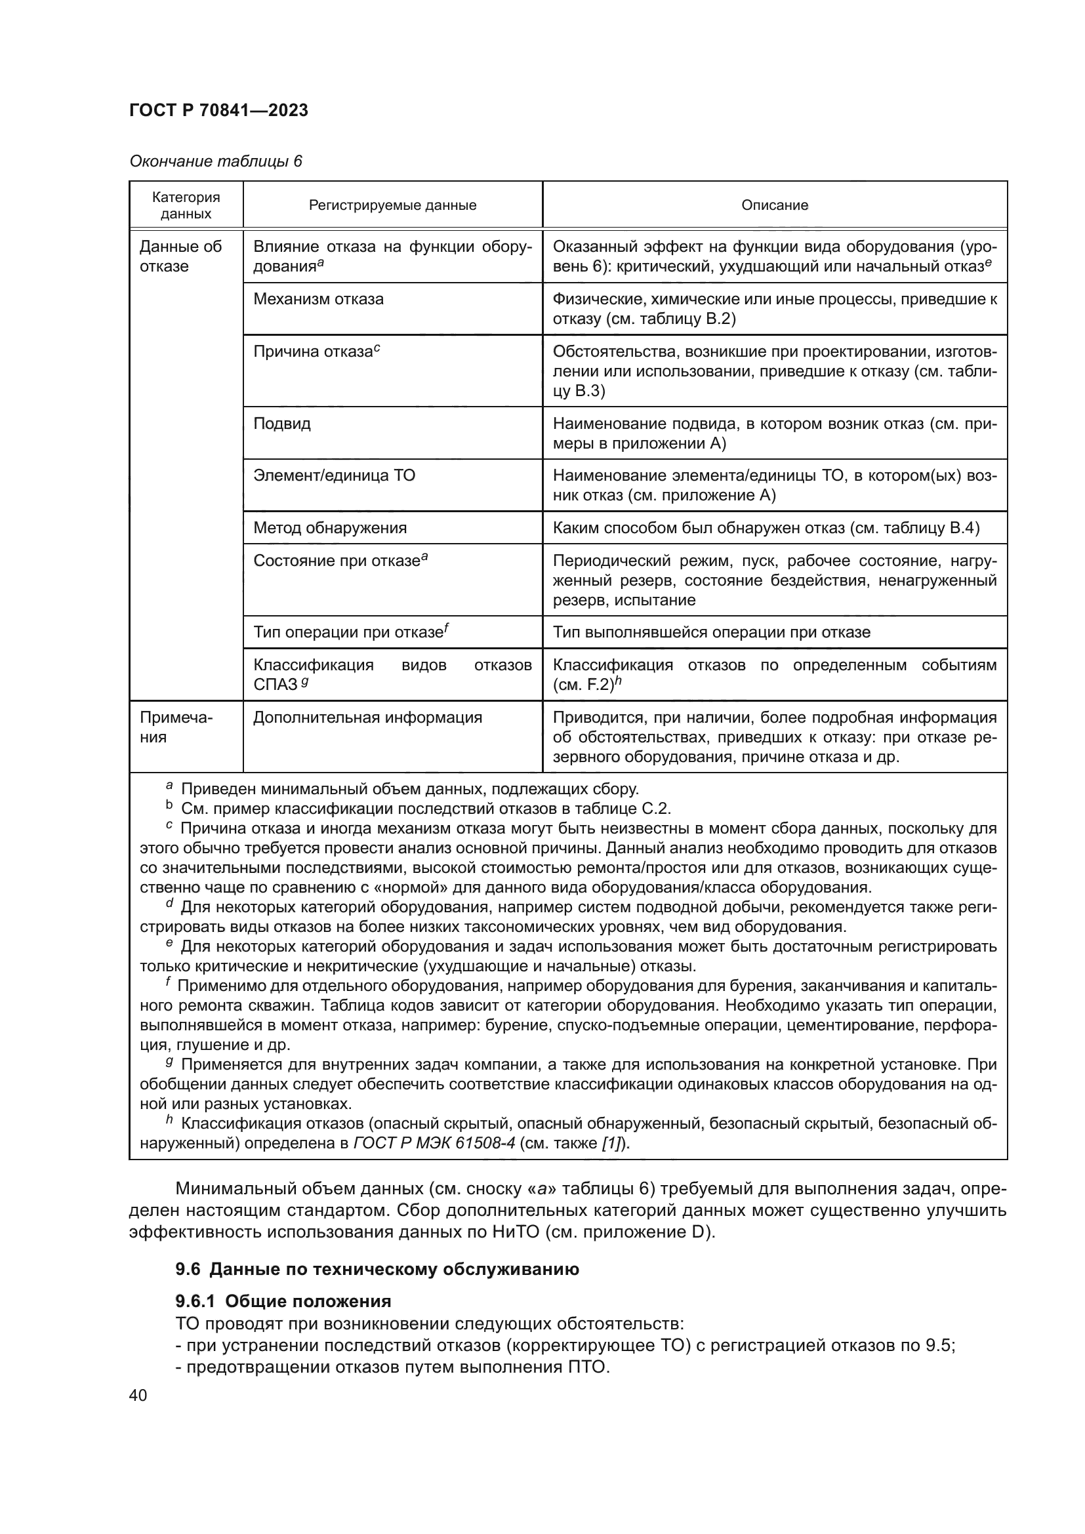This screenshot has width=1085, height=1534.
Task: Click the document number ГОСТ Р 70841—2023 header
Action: coord(218,110)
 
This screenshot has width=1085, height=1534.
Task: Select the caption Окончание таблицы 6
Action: coord(216,161)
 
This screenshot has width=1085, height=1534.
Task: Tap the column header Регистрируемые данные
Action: coord(392,205)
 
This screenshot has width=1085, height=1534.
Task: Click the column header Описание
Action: coord(774,205)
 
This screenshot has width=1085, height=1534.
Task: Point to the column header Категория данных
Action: coord(186,205)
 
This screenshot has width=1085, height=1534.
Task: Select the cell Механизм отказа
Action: coord(318,298)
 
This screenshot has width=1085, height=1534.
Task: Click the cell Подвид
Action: coord(282,424)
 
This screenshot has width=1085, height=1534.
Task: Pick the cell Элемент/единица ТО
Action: coord(334,475)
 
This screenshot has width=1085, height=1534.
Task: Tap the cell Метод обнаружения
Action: coord(329,528)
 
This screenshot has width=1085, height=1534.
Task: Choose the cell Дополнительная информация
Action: coord(367,717)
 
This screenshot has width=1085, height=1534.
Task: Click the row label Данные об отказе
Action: coord(180,256)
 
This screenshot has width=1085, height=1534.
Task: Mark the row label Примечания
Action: coord(176,727)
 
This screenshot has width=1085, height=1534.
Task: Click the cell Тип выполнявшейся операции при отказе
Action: coord(712,632)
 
